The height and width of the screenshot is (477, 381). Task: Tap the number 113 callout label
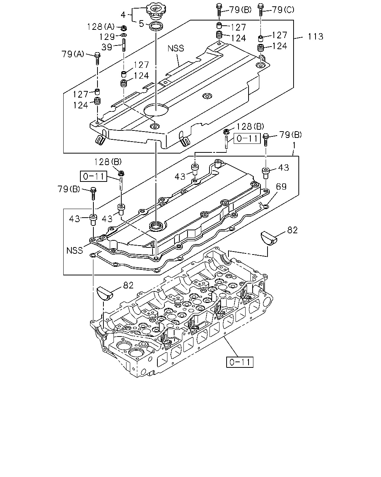point(316,37)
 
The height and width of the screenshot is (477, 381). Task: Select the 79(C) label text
point(283,10)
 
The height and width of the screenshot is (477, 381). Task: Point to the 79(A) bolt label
point(73,54)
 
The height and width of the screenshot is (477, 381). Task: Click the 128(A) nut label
point(101,27)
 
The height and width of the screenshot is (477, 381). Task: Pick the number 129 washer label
point(107,37)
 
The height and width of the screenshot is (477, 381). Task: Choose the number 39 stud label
point(107,47)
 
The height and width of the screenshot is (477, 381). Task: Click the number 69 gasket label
point(281,187)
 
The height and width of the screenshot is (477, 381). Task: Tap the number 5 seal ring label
point(141,24)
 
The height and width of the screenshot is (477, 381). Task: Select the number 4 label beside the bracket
point(123,15)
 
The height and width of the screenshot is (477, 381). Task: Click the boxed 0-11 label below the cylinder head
point(240,362)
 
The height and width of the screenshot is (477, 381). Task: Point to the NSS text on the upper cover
point(176,48)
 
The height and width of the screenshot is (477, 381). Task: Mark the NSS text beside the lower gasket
point(75,250)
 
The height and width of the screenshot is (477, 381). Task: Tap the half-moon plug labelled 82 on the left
point(105,294)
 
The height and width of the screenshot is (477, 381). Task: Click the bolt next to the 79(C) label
point(261,10)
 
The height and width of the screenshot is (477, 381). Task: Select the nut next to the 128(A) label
point(123,28)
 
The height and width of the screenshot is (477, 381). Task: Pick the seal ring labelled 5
point(156,26)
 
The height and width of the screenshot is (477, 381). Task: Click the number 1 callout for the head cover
point(294,146)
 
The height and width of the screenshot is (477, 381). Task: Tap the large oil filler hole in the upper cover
point(156,110)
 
